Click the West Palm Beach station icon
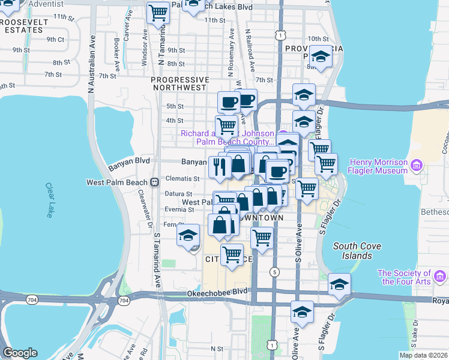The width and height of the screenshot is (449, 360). (154, 181)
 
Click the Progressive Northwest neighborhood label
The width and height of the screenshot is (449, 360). (179, 83)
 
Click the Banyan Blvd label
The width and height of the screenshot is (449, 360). (128, 161)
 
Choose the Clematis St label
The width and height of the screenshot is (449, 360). (184, 178)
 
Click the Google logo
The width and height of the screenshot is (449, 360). (20, 353)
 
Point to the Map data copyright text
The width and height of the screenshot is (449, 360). (423, 355)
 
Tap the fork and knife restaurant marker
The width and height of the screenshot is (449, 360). (220, 165)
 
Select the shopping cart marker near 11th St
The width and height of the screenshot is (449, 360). (158, 12)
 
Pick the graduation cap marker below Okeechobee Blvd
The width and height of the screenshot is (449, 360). (302, 311)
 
